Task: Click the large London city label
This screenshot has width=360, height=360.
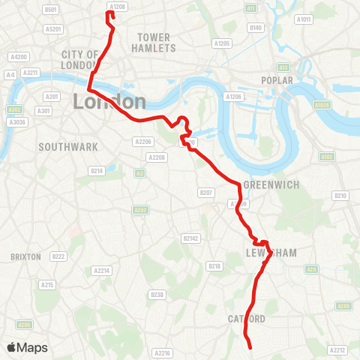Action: click(x=109, y=101)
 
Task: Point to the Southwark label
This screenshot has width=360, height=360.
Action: click(x=68, y=147)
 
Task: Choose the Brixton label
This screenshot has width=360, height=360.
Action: click(x=25, y=256)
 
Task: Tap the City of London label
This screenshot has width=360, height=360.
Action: click(x=81, y=60)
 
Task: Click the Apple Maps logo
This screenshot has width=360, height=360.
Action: click(x=27, y=347)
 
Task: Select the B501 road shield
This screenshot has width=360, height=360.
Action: click(x=50, y=9)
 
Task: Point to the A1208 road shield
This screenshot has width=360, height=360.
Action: click(x=117, y=6)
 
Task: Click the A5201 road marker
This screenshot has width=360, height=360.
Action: click(x=52, y=29)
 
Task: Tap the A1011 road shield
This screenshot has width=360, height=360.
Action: click(x=304, y=19)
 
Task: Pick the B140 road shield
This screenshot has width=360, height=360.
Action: click(x=256, y=28)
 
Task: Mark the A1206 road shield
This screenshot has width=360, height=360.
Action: click(x=234, y=96)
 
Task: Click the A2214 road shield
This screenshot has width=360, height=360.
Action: click(x=101, y=271)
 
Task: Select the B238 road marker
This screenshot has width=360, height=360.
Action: click(x=157, y=295)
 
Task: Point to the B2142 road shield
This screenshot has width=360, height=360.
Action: click(x=191, y=238)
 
